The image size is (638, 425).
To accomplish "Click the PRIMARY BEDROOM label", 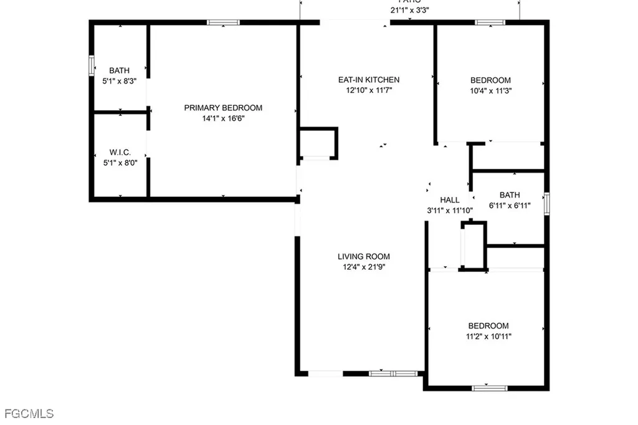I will pyautogui.click(x=223, y=108).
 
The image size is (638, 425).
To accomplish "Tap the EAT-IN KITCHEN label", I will pyautogui.click(x=368, y=80).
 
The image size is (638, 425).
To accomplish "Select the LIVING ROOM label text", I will pyautogui.click(x=364, y=257).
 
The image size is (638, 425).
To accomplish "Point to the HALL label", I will pyautogui.click(x=449, y=200).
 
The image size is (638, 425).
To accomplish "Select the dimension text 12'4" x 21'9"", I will pyautogui.click(x=364, y=267).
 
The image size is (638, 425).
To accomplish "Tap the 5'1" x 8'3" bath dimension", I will pyautogui.click(x=119, y=80).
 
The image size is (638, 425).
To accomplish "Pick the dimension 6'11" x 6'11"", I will pyautogui.click(x=509, y=205).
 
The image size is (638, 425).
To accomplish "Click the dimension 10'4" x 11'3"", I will pyautogui.click(x=490, y=90).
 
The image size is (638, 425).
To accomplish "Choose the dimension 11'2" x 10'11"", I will pyautogui.click(x=488, y=336).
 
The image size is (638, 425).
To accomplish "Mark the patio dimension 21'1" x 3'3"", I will pyautogui.click(x=409, y=10).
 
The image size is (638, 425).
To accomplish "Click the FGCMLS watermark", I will pyautogui.click(x=29, y=413).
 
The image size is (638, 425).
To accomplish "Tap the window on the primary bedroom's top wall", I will pyautogui.click(x=223, y=22).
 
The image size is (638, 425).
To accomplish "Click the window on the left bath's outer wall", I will pyautogui.click(x=91, y=65).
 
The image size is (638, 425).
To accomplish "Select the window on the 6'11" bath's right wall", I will pyautogui.click(x=547, y=204).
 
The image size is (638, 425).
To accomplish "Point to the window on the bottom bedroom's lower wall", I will pyautogui.click(x=489, y=388).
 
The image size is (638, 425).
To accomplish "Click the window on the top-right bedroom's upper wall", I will pyautogui.click(x=490, y=22).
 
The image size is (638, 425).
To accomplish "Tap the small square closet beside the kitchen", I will pyautogui.click(x=318, y=143).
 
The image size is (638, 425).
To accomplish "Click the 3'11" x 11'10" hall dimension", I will pyautogui.click(x=449, y=210).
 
